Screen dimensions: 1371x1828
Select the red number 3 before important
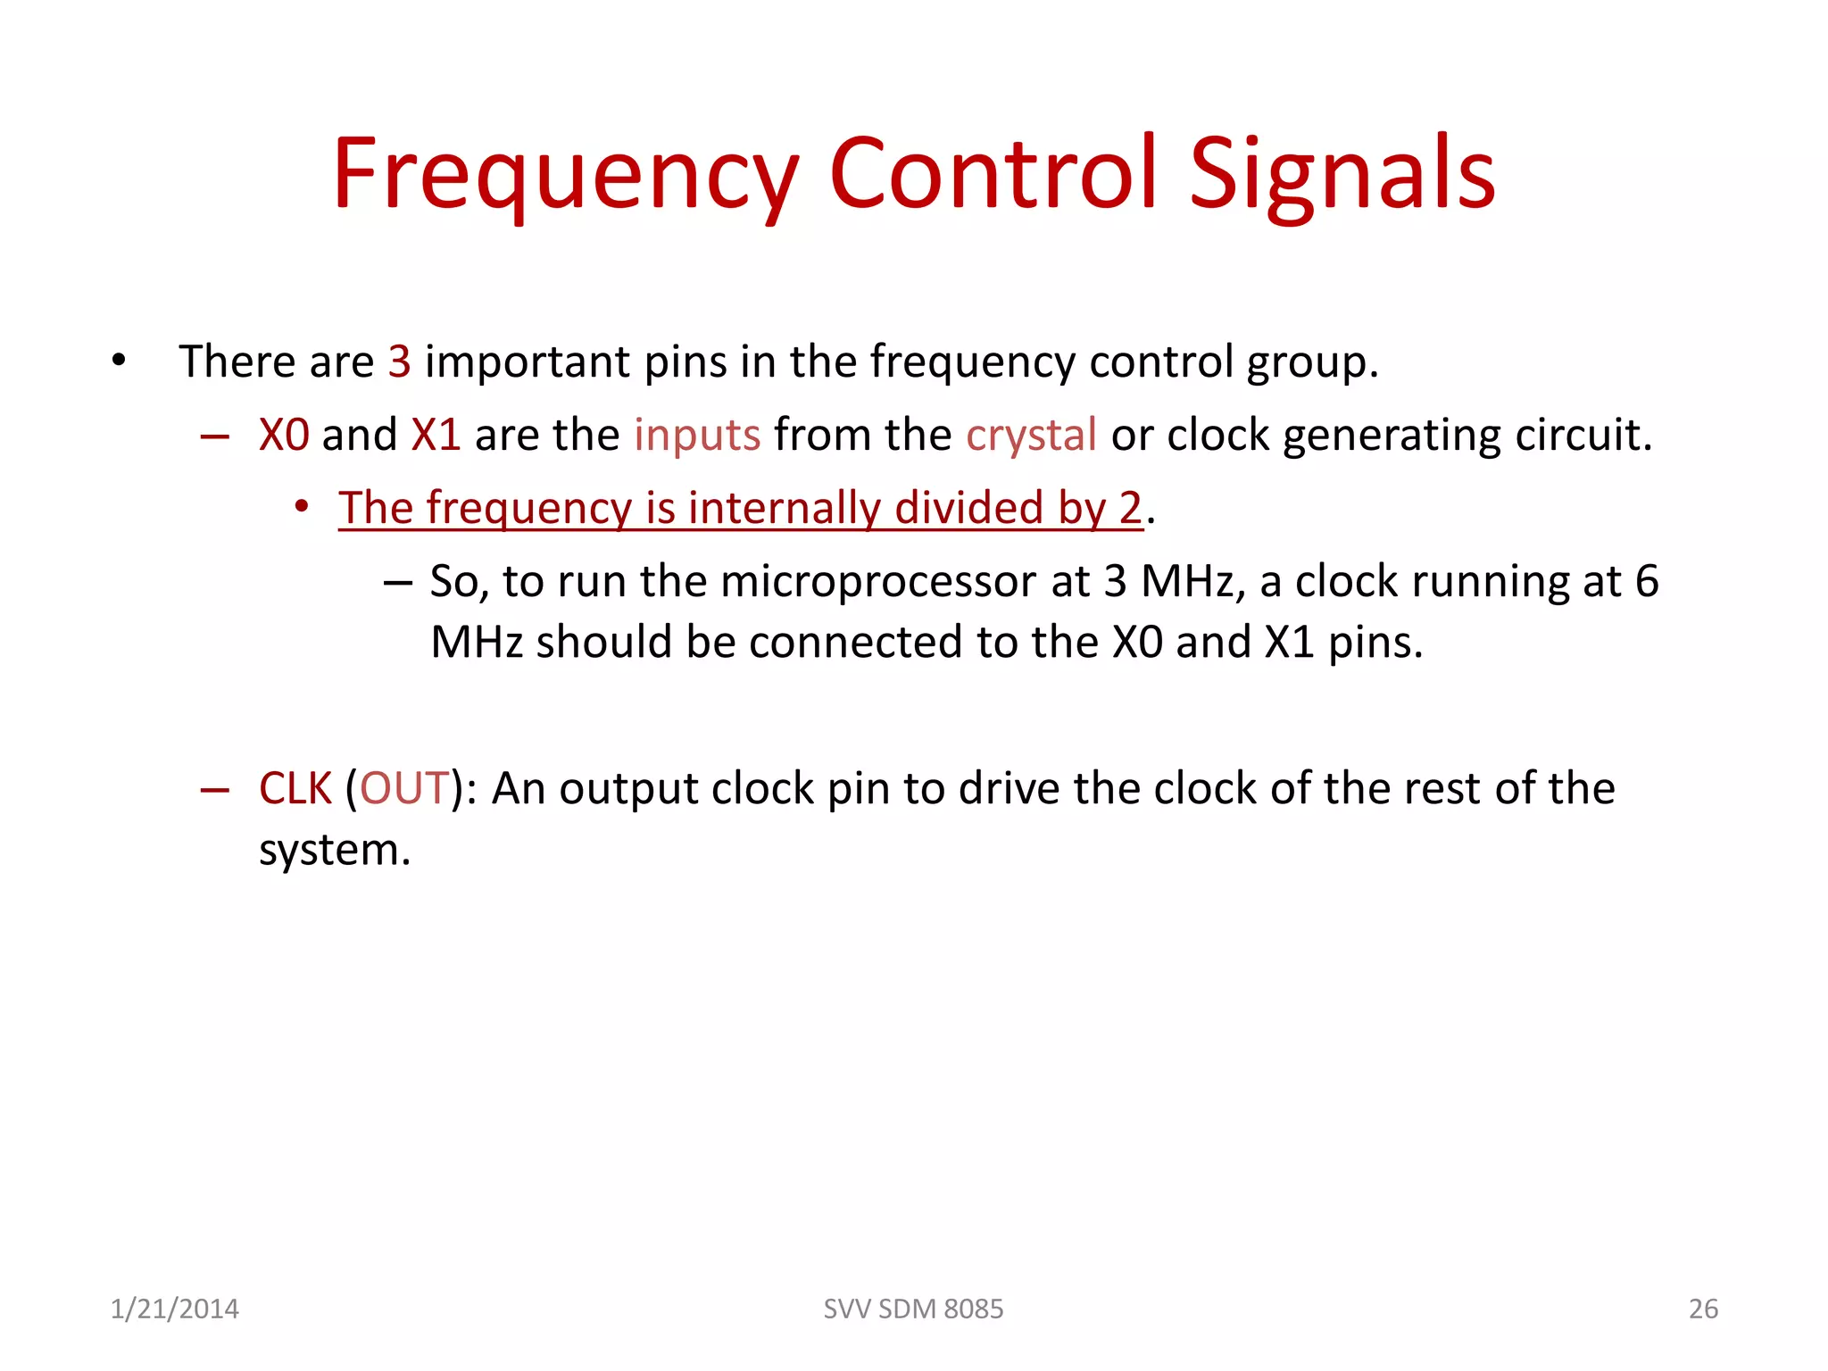(x=399, y=362)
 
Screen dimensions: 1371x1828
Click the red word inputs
(x=697, y=436)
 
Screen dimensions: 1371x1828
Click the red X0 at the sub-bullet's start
(x=284, y=436)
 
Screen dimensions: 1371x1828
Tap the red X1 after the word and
(x=436, y=436)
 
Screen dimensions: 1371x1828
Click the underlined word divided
(x=968, y=508)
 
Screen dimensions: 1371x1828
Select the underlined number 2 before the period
(x=1130, y=508)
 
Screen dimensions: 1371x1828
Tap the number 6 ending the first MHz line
(x=1646, y=582)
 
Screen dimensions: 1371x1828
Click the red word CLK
(x=295, y=789)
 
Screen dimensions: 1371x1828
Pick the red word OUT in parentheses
(x=403, y=789)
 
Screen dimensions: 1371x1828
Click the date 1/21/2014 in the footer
(x=174, y=1309)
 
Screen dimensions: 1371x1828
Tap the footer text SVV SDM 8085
(x=913, y=1309)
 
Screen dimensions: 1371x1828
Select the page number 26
(x=1702, y=1309)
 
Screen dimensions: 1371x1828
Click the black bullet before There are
(x=120, y=362)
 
